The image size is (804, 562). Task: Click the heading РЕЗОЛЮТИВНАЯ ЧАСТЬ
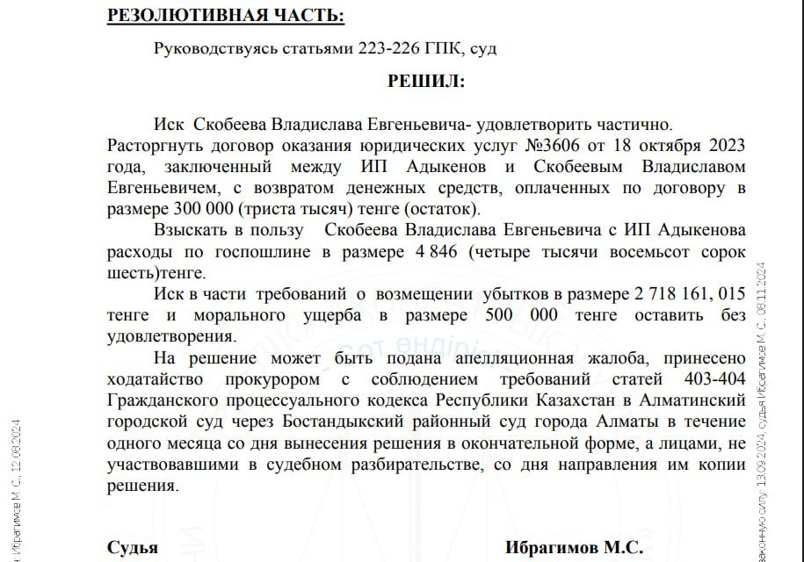point(225,15)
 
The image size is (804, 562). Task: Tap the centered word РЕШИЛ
point(426,82)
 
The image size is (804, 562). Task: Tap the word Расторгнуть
point(151,146)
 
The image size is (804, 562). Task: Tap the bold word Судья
point(133,547)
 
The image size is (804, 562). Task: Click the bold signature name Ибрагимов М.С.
point(574,547)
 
